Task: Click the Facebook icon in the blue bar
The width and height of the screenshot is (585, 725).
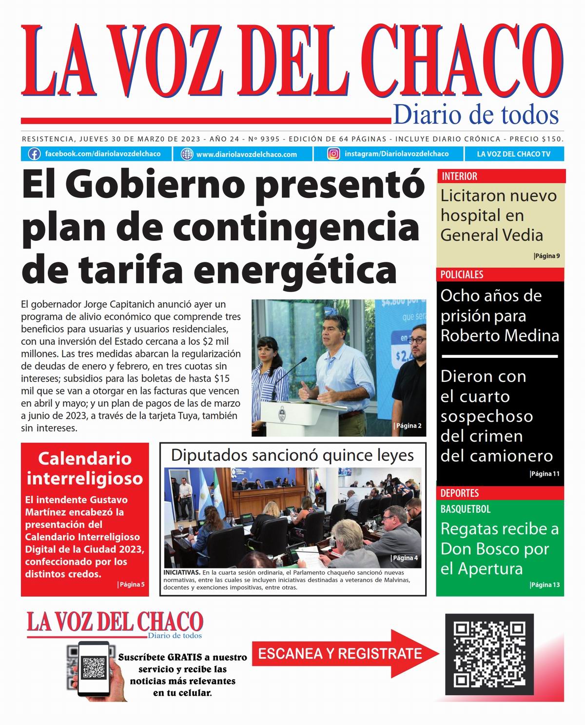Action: (x=34, y=154)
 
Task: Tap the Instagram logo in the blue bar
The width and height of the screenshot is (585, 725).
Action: (x=333, y=154)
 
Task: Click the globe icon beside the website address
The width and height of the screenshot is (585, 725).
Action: (x=187, y=154)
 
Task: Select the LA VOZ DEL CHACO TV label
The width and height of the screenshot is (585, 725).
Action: (x=513, y=154)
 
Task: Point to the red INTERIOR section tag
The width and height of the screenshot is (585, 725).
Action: (x=459, y=176)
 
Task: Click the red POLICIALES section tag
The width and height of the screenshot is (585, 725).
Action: (x=462, y=274)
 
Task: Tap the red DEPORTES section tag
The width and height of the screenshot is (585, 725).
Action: (x=460, y=493)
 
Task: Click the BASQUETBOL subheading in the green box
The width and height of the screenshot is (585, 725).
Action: (x=465, y=509)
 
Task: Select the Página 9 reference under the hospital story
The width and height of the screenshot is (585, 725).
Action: (x=547, y=256)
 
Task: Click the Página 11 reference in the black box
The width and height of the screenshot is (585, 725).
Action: (x=545, y=473)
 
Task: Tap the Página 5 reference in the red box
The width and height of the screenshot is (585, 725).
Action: (x=131, y=584)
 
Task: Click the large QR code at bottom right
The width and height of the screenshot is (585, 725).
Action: (x=489, y=654)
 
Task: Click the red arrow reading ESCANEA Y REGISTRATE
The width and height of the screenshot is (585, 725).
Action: (x=341, y=653)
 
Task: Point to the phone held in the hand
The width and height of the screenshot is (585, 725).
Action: (x=94, y=668)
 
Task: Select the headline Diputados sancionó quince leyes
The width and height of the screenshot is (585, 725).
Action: (x=292, y=455)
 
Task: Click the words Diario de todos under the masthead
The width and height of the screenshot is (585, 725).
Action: (x=475, y=115)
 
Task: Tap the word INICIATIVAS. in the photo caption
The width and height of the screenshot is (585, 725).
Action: (x=182, y=572)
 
